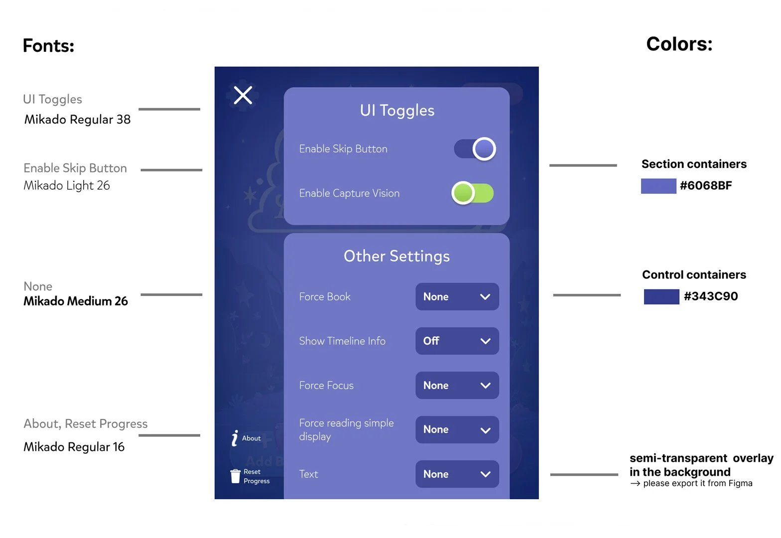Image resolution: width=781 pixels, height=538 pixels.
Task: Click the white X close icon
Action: pyautogui.click(x=243, y=95)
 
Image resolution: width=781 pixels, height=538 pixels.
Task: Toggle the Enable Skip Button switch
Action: pyautogui.click(x=475, y=149)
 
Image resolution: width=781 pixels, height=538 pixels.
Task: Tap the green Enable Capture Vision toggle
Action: pyautogui.click(x=473, y=193)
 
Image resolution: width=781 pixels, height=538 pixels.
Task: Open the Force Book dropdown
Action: pyautogui.click(x=457, y=297)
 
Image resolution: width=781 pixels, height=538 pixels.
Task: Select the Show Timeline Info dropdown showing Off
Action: pyautogui.click(x=457, y=341)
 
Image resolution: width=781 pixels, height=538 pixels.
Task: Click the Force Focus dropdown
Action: pyautogui.click(x=457, y=386)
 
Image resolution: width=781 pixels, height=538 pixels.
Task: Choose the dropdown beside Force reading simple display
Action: pyautogui.click(x=457, y=429)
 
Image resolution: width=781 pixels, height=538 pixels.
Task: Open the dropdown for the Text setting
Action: pyautogui.click(x=457, y=474)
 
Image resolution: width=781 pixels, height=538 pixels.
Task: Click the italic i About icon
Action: pyautogui.click(x=235, y=438)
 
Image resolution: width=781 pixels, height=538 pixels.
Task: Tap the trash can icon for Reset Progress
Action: pyautogui.click(x=235, y=476)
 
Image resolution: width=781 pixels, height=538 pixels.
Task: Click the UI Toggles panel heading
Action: pyautogui.click(x=397, y=110)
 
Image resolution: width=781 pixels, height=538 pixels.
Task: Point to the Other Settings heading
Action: pyautogui.click(x=396, y=256)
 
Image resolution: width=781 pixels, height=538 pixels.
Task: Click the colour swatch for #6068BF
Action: pyautogui.click(x=658, y=186)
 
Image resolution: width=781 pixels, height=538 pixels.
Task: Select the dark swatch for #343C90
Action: pyautogui.click(x=661, y=296)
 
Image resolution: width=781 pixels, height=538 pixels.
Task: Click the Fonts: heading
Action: pyautogui.click(x=48, y=46)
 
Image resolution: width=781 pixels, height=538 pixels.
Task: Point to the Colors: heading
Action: pyautogui.click(x=679, y=44)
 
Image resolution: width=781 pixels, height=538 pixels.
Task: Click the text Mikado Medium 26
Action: pyautogui.click(x=76, y=301)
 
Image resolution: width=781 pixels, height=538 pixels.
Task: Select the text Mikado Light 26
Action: pyautogui.click(x=67, y=186)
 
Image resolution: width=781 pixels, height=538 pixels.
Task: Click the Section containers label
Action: pyautogui.click(x=694, y=164)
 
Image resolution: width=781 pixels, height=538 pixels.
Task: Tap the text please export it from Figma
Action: pyautogui.click(x=697, y=483)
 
